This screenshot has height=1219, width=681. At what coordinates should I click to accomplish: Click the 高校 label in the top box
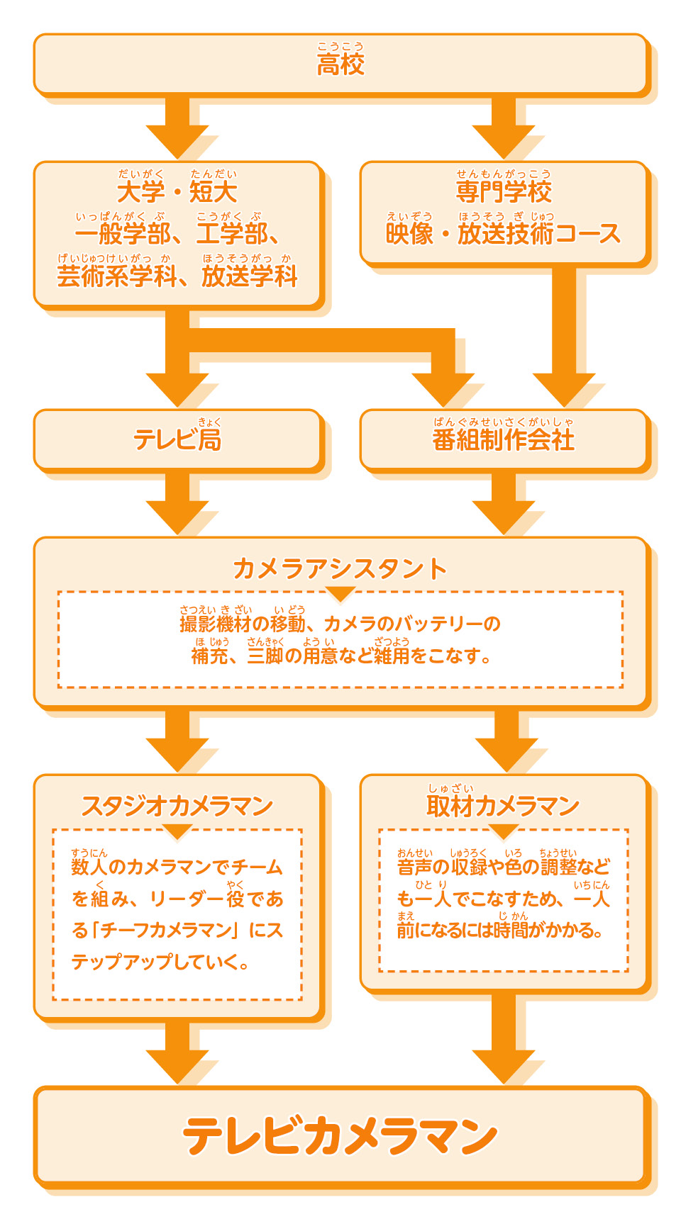(x=340, y=64)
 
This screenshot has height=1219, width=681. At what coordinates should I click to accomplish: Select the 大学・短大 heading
(x=177, y=191)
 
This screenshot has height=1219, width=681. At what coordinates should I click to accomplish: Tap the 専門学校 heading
(x=504, y=191)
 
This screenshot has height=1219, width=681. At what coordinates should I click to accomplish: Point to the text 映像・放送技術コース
(x=504, y=234)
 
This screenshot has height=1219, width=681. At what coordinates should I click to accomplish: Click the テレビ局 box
(x=177, y=439)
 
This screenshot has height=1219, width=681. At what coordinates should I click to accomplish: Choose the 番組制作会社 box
(x=504, y=439)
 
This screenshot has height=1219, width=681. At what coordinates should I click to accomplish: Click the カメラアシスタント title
(x=340, y=568)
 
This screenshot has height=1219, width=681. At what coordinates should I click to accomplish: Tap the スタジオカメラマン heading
(x=177, y=806)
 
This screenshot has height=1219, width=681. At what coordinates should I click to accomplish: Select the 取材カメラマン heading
(x=504, y=806)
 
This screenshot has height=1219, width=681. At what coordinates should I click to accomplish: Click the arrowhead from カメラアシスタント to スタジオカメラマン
(x=177, y=754)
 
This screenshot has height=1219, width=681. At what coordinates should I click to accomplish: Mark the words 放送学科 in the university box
(x=250, y=276)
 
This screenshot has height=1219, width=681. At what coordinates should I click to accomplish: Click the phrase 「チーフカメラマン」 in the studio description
(x=165, y=930)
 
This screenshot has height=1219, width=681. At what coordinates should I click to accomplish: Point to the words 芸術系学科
(x=116, y=276)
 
